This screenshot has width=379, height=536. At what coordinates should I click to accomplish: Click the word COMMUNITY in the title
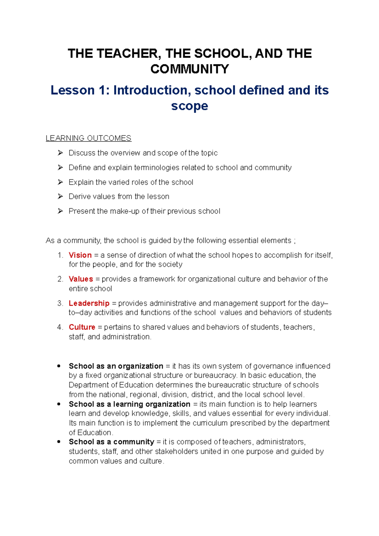(x=189, y=69)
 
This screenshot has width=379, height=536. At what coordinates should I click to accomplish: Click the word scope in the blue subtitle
(x=189, y=106)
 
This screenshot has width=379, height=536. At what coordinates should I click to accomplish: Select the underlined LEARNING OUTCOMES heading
(x=88, y=138)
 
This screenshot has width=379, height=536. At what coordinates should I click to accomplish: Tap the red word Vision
(x=80, y=255)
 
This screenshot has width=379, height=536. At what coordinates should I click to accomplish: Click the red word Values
(x=81, y=279)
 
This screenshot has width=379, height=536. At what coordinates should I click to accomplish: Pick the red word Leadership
(x=89, y=303)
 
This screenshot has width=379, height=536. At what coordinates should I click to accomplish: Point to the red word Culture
(x=82, y=327)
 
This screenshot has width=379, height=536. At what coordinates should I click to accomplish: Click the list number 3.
(x=60, y=303)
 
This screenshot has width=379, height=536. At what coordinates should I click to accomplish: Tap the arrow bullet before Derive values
(x=60, y=196)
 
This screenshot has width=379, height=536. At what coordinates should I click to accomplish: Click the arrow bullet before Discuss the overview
(x=60, y=153)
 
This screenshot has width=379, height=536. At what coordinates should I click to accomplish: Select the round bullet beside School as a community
(x=59, y=442)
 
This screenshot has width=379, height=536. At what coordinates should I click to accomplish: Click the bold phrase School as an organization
(x=116, y=366)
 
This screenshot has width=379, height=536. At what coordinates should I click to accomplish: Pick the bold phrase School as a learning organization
(x=129, y=404)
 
